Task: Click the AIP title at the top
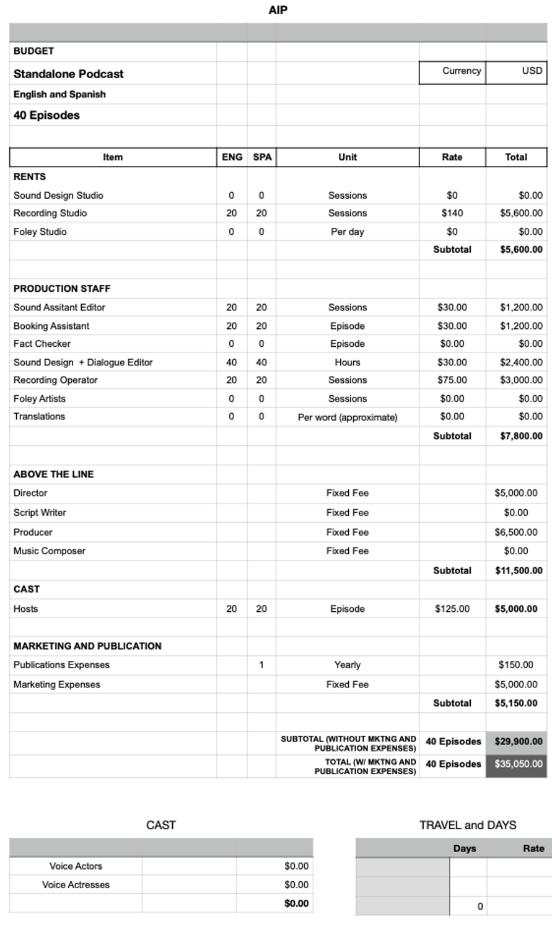coord(278,10)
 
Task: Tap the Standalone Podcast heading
coord(68,74)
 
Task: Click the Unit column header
coord(348,157)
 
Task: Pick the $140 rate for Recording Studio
coord(452,213)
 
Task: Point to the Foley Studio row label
coord(40,232)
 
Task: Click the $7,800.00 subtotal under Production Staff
coord(521,436)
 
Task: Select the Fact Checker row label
coord(42,344)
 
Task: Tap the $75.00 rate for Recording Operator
coord(452,380)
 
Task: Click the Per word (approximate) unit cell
coord(348,417)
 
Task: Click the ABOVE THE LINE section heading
coord(53,474)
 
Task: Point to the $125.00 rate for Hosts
coord(452,609)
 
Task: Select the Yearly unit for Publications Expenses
coord(348,665)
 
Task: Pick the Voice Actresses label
coord(76,884)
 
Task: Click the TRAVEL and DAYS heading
coord(467,825)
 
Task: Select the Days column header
coord(464,848)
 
